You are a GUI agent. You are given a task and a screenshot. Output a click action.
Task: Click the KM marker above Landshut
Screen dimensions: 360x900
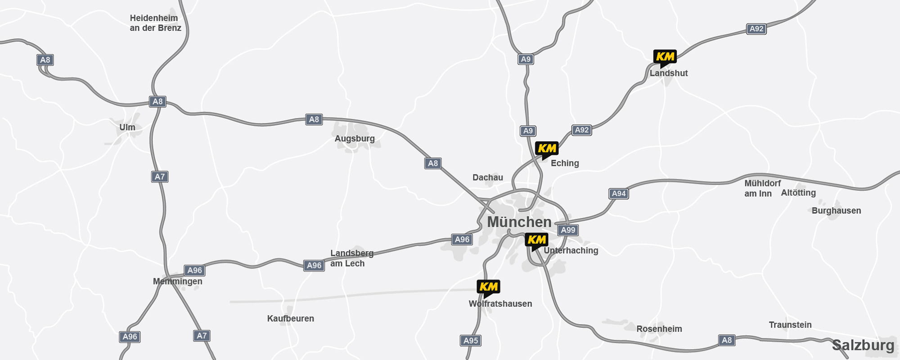665,57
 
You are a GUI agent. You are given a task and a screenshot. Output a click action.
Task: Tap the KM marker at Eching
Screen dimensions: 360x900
547,148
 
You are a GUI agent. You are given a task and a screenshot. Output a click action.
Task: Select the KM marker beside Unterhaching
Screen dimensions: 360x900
536,240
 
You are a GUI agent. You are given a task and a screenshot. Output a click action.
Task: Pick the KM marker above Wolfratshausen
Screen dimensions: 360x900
488,287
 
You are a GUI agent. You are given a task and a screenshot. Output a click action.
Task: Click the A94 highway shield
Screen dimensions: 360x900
619,193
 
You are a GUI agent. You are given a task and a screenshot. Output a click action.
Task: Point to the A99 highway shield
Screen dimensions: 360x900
568,230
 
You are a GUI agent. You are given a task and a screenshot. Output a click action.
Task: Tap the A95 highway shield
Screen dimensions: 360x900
471,340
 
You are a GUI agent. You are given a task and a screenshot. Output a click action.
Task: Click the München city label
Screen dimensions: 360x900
519,222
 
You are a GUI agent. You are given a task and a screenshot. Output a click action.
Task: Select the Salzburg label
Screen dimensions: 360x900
863,345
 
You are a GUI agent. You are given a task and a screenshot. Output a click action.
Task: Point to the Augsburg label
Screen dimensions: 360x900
355,139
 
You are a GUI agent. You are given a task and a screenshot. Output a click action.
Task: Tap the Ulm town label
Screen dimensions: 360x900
127,127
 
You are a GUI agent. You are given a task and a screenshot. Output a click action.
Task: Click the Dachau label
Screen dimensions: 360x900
488,177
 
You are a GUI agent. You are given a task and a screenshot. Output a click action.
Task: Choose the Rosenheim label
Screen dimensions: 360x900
659,329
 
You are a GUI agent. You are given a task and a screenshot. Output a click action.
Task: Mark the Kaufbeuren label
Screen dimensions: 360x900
291,319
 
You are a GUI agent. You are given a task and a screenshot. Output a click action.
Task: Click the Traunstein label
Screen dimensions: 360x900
790,325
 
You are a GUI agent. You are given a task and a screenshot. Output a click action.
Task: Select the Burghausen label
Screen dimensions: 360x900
836,211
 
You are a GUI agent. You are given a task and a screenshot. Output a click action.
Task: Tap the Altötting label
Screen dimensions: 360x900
798,193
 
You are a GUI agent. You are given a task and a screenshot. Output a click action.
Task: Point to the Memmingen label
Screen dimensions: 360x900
178,281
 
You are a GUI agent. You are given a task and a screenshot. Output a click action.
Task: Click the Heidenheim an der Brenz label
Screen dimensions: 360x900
155,23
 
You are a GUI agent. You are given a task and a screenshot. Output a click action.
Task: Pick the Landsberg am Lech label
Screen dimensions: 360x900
351,258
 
